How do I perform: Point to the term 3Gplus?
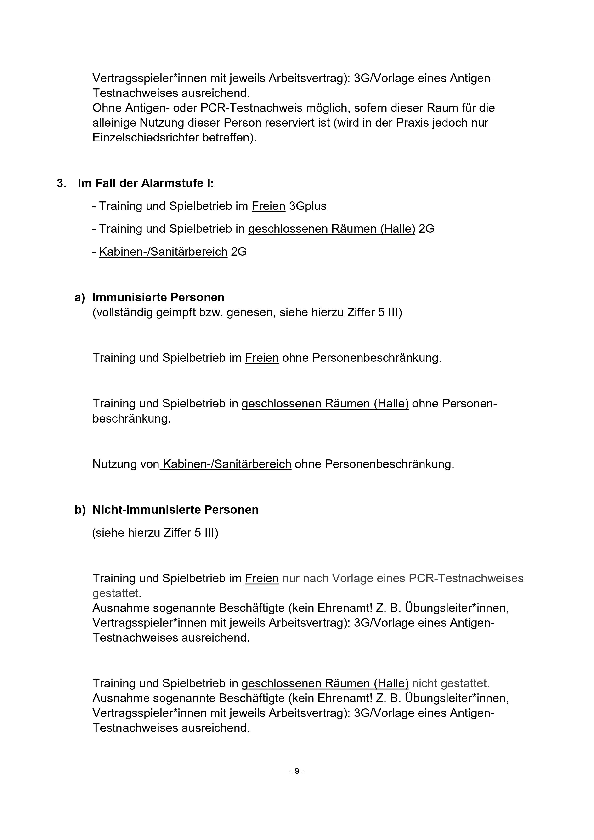point(307,206)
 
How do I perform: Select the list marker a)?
point(79,298)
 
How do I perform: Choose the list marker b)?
point(79,510)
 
